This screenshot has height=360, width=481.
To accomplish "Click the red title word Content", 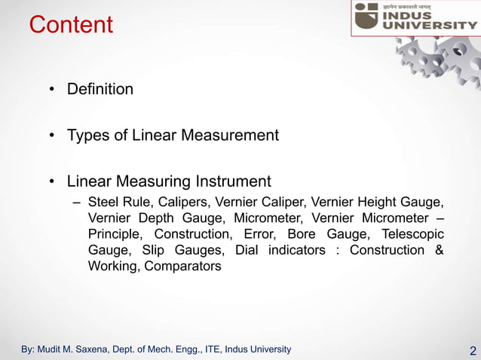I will [x=71, y=25].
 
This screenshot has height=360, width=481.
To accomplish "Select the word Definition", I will [x=100, y=90].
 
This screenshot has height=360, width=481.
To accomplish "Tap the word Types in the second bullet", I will [x=87, y=136].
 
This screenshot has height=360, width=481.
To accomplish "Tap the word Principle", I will [x=115, y=234].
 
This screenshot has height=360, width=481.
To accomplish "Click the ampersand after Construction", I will [x=439, y=250].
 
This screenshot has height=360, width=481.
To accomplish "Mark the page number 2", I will [x=473, y=351].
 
